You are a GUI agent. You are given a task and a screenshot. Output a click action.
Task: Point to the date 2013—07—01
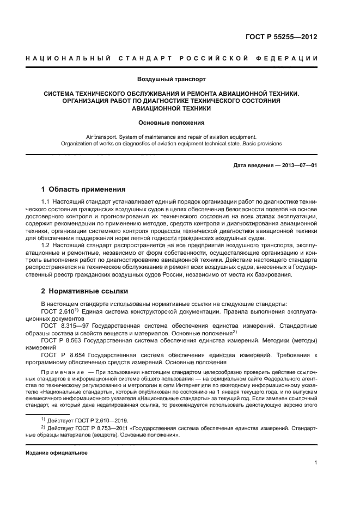(x=298, y=164)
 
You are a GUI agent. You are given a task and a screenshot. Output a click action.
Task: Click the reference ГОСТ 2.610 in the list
(x=56, y=311)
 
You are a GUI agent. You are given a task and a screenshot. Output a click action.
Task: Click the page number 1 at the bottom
(x=315, y=463)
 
